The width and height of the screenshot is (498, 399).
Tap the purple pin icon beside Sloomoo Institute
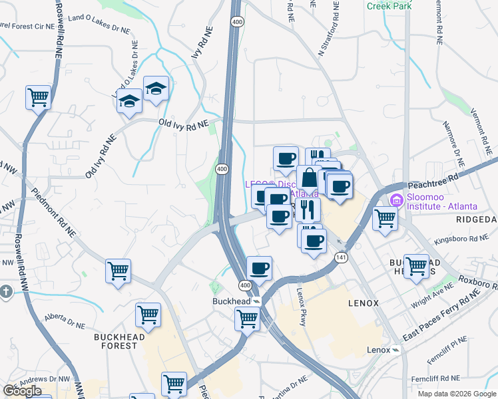click(397, 199)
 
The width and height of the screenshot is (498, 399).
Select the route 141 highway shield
click(342, 257)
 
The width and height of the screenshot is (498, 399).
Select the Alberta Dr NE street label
click(65, 317)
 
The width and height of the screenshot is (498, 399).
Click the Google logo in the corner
click(22, 391)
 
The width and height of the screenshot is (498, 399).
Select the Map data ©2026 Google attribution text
click(457, 394)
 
